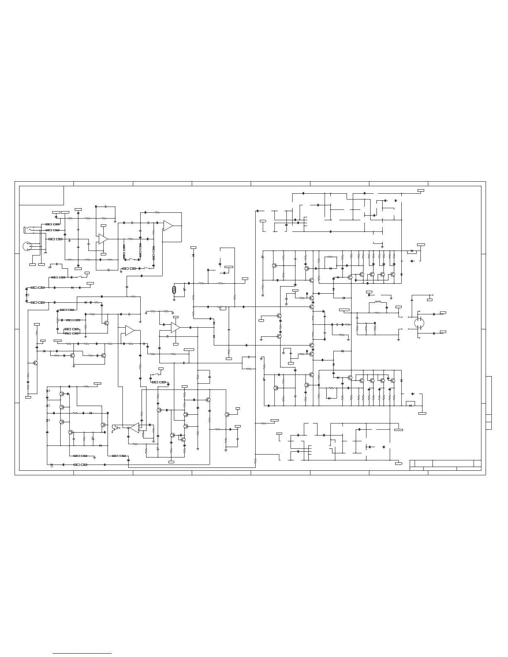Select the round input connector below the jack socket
(x=27, y=246)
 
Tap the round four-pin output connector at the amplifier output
(x=419, y=323)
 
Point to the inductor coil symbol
(x=378, y=302)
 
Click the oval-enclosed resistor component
(x=174, y=290)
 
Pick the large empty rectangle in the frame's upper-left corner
(x=42, y=195)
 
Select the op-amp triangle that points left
(x=133, y=429)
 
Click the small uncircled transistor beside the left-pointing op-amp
(x=117, y=427)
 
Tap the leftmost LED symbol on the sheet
(x=27, y=295)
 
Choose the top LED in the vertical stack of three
(x=48, y=392)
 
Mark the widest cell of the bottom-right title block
(x=453, y=463)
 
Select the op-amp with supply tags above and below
(x=103, y=239)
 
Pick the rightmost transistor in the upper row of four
(x=393, y=274)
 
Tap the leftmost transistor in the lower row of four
(x=361, y=380)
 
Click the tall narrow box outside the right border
(x=488, y=402)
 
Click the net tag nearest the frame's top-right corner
(x=420, y=190)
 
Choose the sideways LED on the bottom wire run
(x=51, y=465)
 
